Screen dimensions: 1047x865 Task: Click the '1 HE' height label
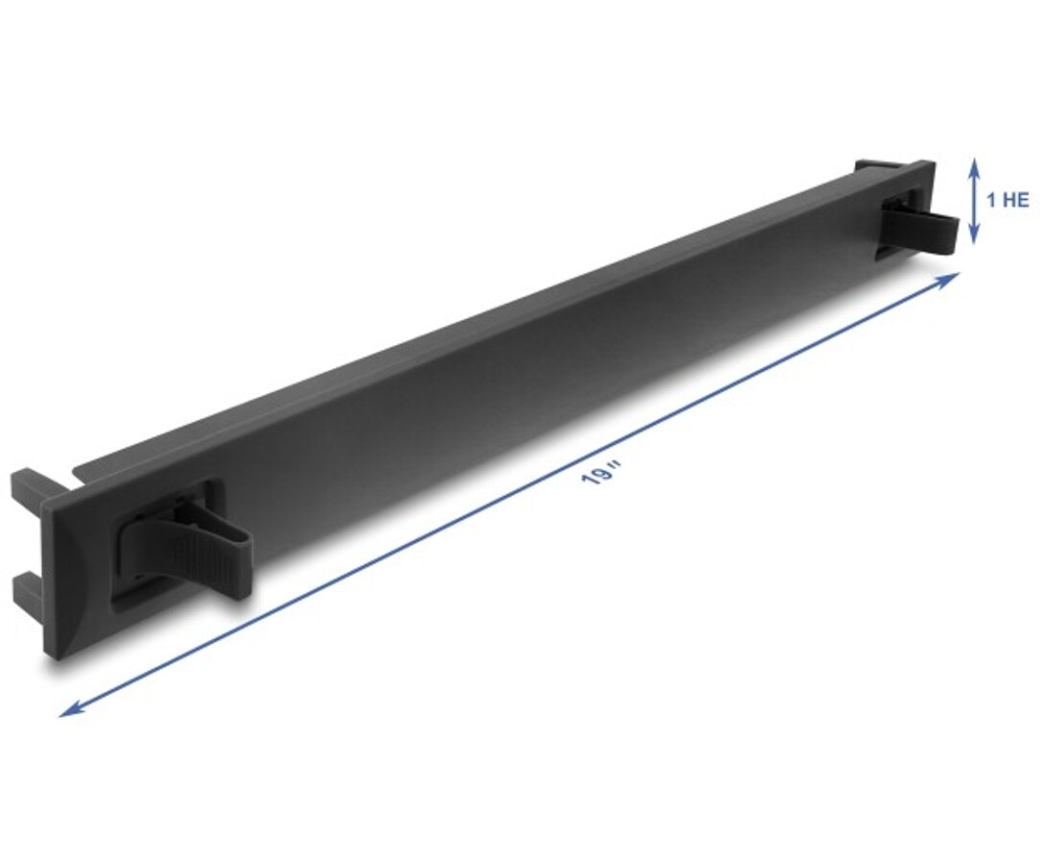pyautogui.click(x=1009, y=200)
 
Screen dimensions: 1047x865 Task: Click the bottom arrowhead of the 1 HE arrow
pyautogui.click(x=974, y=235)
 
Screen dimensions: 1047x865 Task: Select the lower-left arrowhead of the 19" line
pyautogui.click(x=69, y=709)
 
